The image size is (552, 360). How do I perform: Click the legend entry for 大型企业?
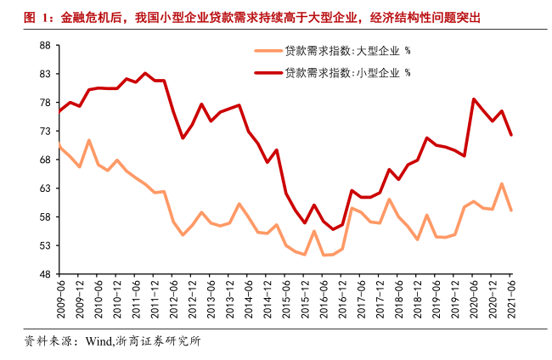click(x=347, y=51)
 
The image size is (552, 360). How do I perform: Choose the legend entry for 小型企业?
click(x=347, y=73)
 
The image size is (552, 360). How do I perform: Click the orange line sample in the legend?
click(x=268, y=51)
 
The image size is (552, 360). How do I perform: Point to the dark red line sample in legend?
click(x=268, y=73)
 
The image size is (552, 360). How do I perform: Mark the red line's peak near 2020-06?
click(x=474, y=99)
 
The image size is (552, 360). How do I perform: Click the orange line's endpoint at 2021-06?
click(x=511, y=211)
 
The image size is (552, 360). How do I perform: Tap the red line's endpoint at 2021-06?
click(x=511, y=135)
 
